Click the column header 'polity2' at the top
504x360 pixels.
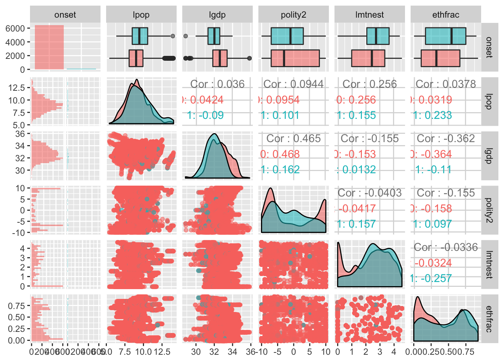tap(293, 15)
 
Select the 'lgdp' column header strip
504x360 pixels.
tap(217, 15)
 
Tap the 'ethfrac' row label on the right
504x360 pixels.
tap(489, 319)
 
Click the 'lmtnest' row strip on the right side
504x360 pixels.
tap(489, 265)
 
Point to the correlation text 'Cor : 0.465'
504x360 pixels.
tap(294, 138)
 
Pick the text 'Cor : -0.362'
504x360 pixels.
tap(446, 138)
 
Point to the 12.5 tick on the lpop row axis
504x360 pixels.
tap(17, 87)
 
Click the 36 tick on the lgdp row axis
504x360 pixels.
tap(20, 133)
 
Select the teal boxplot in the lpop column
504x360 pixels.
tap(140, 36)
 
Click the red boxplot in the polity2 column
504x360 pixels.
tap(295, 58)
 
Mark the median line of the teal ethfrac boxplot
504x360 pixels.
tap(451, 36)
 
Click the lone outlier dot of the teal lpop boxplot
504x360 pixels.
tap(173, 36)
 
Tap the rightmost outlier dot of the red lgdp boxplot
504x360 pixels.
tap(249, 58)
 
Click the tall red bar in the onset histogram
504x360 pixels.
tap(49, 47)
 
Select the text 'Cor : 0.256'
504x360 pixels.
tap(370, 84)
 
